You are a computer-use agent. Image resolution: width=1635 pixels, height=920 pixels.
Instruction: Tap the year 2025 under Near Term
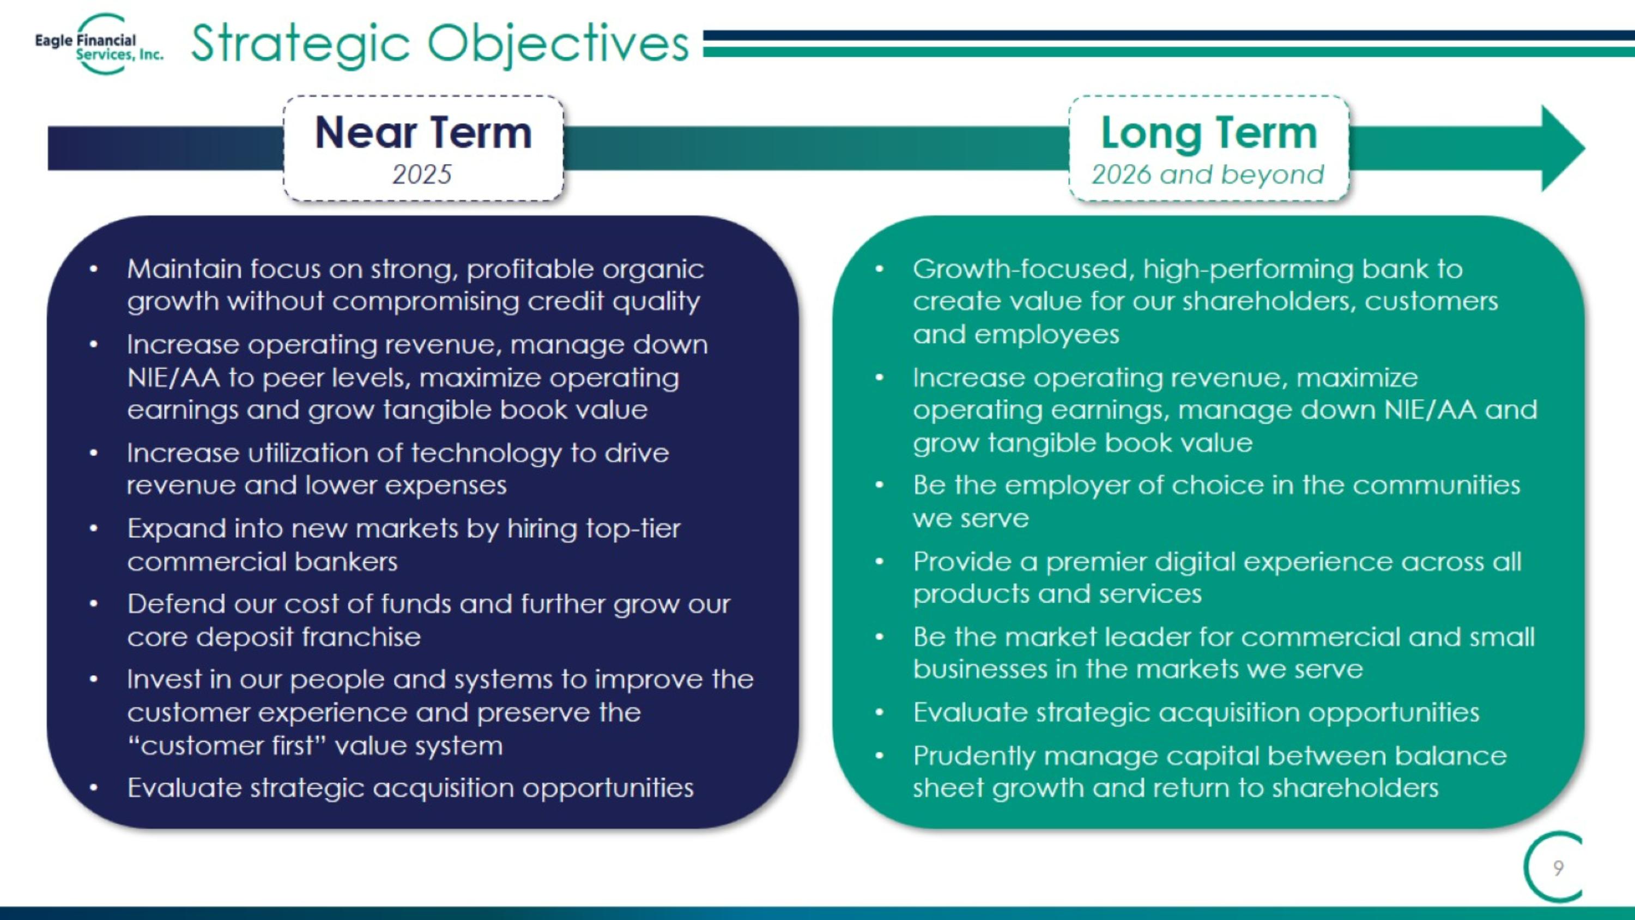[421, 175]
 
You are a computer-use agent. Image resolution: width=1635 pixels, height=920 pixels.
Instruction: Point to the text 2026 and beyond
[1207, 175]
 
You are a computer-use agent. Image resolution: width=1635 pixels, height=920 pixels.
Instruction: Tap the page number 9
[1558, 868]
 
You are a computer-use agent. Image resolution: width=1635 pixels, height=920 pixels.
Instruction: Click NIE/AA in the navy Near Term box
[173, 378]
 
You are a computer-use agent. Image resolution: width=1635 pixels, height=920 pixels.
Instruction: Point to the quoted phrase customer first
[227, 745]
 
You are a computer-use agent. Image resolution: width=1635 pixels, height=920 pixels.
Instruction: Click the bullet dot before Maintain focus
[93, 270]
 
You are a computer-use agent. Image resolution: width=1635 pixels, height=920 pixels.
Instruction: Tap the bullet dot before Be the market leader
[879, 637]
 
